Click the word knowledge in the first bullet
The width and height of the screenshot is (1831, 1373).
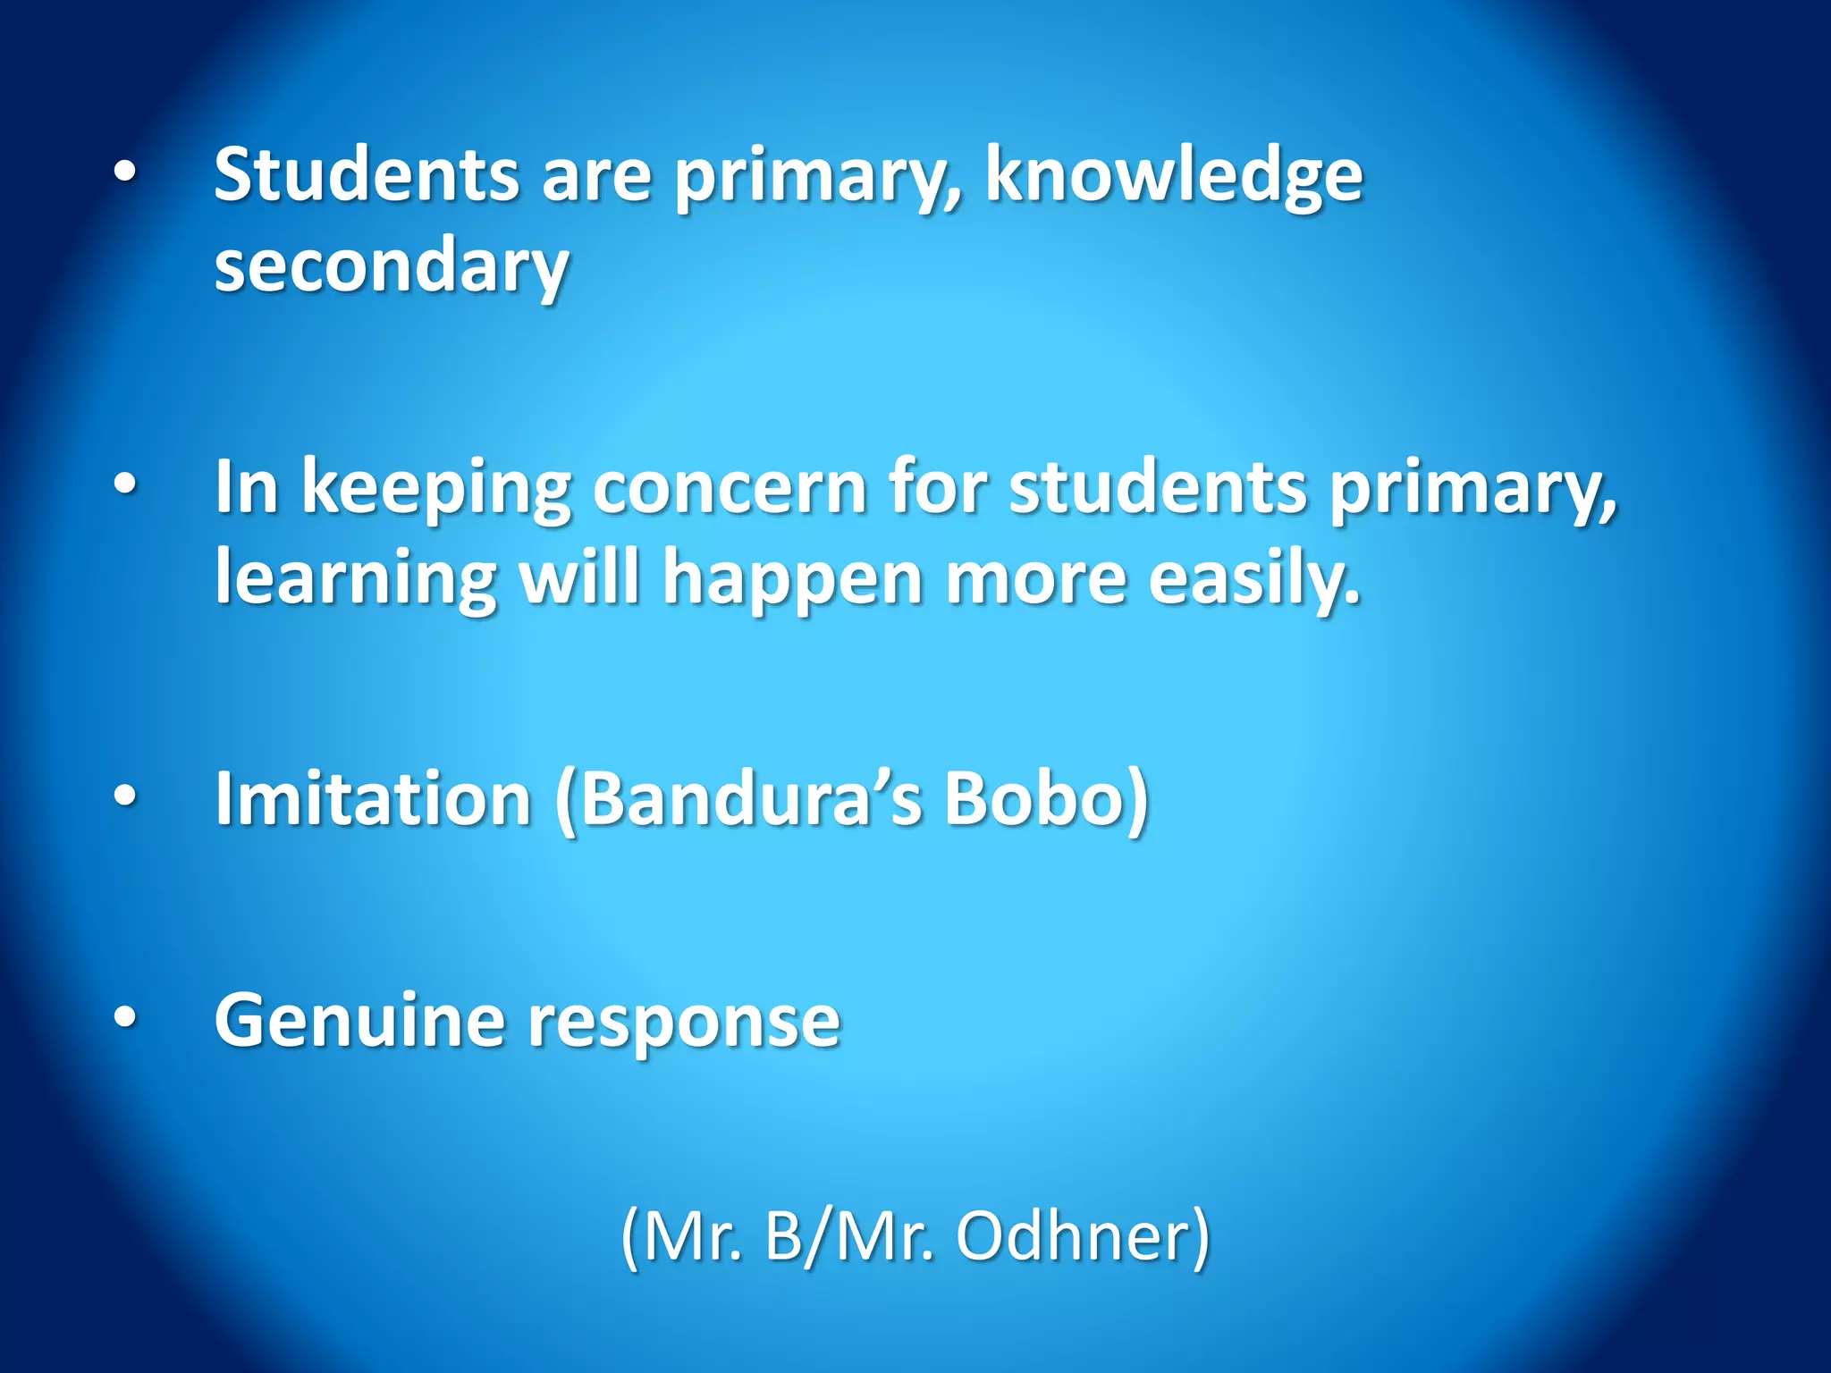click(1173, 177)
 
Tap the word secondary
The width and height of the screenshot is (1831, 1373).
click(392, 266)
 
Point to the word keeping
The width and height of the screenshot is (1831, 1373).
click(435, 489)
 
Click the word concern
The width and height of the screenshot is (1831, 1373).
click(729, 489)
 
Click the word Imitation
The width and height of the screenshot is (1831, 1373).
click(374, 798)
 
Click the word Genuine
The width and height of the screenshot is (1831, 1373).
click(359, 1022)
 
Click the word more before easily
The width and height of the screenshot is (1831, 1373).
click(1036, 579)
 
